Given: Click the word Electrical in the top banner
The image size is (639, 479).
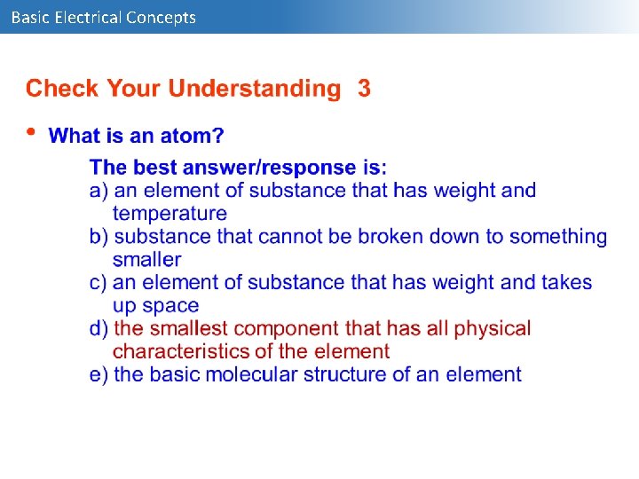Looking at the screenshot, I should pyautogui.click(x=88, y=17).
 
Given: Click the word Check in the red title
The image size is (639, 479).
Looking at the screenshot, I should pyautogui.click(x=63, y=89).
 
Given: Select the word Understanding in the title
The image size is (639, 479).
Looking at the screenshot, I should pyautogui.click(x=255, y=89).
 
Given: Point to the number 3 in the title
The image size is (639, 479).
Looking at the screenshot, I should pyautogui.click(x=364, y=89).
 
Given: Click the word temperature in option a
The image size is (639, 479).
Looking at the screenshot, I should pyautogui.click(x=170, y=213).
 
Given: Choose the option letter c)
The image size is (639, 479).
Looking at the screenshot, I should pyautogui.click(x=99, y=282).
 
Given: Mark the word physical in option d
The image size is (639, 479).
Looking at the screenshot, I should pyautogui.click(x=492, y=328).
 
